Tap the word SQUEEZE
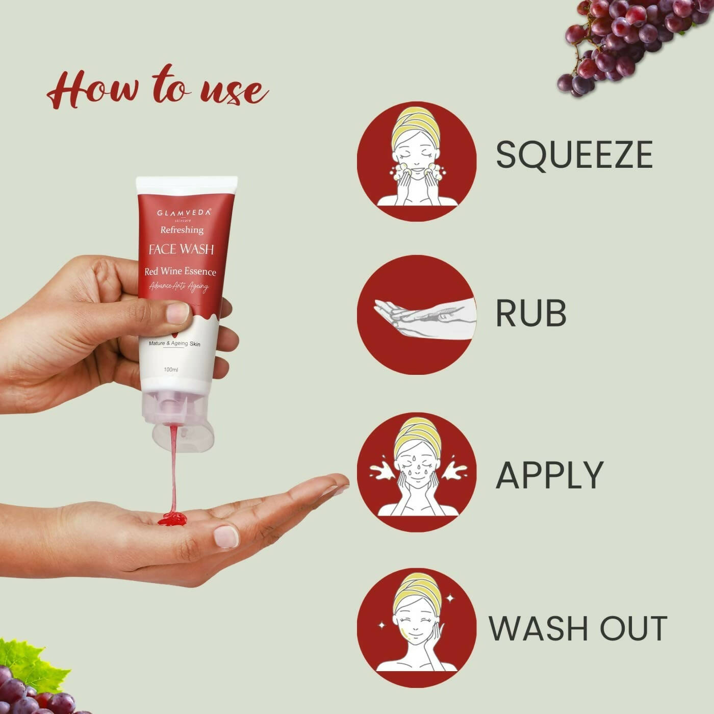point(574,155)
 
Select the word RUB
point(531,313)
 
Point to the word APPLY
point(549,475)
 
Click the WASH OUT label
point(578,628)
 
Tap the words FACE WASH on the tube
point(181,249)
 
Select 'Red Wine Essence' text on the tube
point(180,271)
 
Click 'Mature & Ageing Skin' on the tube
point(174,344)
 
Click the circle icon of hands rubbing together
point(417,315)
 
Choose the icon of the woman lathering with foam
point(417,162)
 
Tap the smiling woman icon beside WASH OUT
point(417,628)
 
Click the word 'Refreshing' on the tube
point(182,230)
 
